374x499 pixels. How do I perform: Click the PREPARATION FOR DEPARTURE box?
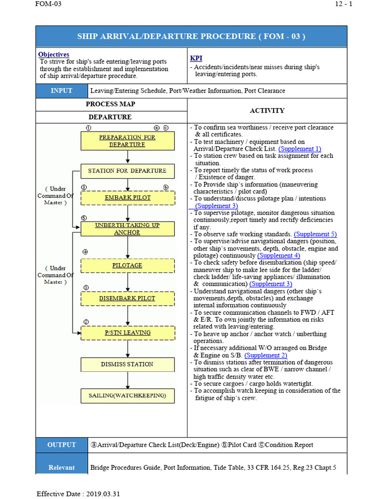coord(127,141)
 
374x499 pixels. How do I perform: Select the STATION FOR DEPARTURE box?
coord(127,171)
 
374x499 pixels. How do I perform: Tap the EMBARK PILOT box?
coord(127,197)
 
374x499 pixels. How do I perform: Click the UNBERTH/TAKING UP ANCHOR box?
coord(127,229)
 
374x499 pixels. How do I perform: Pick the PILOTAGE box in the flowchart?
coord(127,265)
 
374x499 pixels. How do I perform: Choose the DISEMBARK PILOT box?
coord(127,298)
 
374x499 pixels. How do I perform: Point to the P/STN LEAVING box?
coord(127,333)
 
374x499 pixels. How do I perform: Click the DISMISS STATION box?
coord(127,364)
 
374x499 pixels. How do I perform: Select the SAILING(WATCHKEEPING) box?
coord(127,395)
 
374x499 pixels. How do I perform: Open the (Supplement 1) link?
coord(299,149)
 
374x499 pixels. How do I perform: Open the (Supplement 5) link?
coord(315,234)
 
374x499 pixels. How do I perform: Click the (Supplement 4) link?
coord(279,255)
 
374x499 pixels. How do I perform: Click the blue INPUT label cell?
coord(61,91)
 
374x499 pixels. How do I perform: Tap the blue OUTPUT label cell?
coord(61,444)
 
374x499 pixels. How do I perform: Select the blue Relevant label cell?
coord(61,467)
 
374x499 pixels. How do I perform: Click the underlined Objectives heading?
coord(54,55)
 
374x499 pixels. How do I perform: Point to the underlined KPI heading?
coord(196,58)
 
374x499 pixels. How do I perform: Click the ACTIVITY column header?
coord(267,111)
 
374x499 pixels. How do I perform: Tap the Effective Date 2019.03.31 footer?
coord(78,494)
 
